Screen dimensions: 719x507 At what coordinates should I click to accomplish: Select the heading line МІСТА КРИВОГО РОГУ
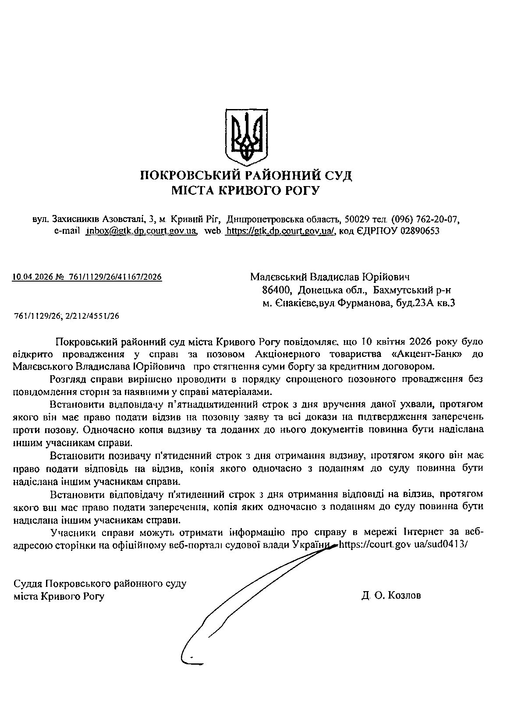[246, 190]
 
